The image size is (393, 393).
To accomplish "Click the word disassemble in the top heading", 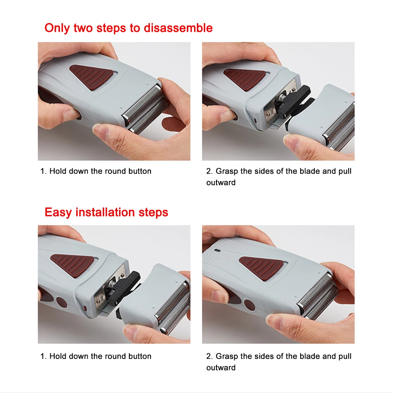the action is [178, 28].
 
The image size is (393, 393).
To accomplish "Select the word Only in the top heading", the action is [57, 28].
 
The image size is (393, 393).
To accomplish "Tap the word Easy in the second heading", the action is [58, 213].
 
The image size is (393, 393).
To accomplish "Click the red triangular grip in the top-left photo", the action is [91, 77].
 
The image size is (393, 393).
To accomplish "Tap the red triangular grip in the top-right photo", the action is [244, 79].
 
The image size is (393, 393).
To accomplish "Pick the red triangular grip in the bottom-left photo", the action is [73, 265].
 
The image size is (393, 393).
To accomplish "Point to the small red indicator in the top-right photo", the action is [255, 121].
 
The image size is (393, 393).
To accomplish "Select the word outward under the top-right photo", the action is [221, 182].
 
